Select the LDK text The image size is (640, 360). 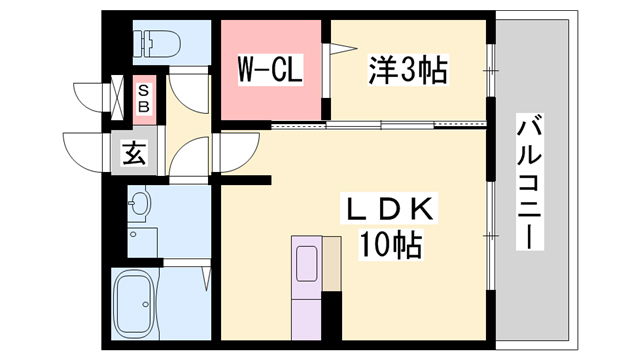coord(390,211)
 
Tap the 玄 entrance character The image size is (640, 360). coord(133,154)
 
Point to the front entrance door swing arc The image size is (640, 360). coord(84,150)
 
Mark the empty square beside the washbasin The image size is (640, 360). coord(142,241)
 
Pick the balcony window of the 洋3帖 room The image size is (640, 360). coord(491,70)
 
